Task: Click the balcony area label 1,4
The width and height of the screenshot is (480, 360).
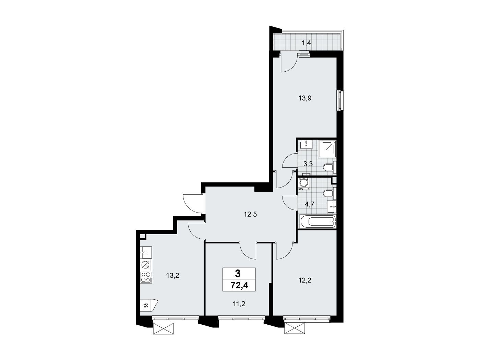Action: coord(306,43)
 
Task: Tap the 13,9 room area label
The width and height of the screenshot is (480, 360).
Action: coord(305,98)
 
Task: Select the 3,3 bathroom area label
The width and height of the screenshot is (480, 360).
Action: coord(308,164)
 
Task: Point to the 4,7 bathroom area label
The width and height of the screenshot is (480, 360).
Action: coord(310,204)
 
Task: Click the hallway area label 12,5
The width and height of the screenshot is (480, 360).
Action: coord(250,214)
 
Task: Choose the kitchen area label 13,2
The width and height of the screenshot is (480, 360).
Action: coord(172,275)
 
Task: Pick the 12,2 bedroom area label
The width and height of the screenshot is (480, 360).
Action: coord(305,280)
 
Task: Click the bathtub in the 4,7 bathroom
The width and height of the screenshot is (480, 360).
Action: coord(319,222)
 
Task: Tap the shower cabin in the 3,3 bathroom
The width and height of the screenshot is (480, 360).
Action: coord(327,149)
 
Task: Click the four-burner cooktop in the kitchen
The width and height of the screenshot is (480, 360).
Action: coord(146,277)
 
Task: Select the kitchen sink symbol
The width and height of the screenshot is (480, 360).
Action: coord(146,252)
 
